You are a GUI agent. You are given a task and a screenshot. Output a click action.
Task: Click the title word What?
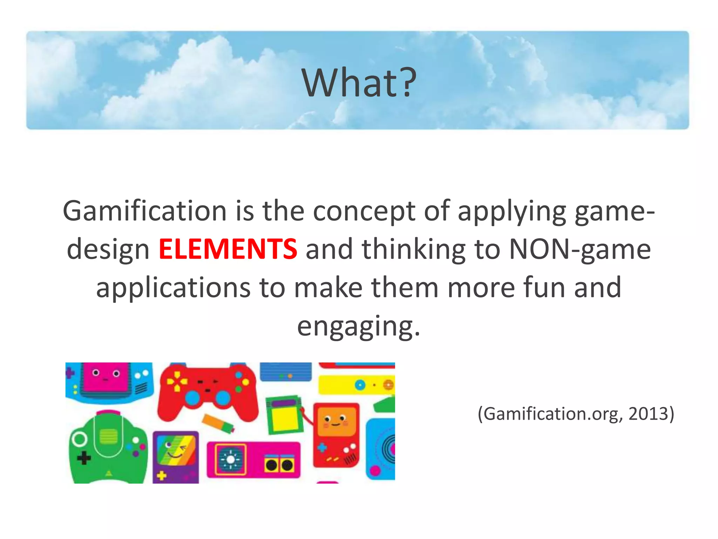[x=359, y=83]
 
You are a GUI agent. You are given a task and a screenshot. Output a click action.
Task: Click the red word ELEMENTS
[x=228, y=249]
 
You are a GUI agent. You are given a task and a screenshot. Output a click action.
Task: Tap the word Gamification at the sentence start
[x=144, y=211]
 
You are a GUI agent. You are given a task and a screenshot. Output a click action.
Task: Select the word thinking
[x=414, y=249]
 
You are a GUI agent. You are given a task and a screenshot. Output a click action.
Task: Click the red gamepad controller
[x=208, y=393]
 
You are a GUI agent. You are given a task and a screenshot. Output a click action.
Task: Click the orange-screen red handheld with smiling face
[x=336, y=435]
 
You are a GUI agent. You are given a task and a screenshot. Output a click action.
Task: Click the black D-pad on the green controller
[x=84, y=458]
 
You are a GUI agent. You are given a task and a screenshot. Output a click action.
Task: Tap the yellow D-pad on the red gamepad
[x=176, y=382]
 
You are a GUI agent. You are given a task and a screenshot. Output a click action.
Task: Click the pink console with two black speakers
[x=253, y=460]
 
